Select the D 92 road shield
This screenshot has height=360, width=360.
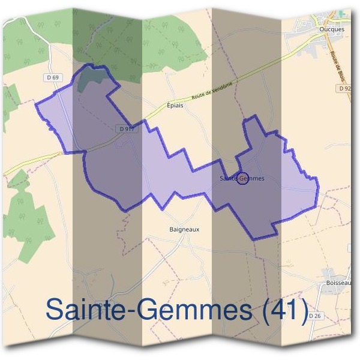(x=344, y=88)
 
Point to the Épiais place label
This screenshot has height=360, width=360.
(x=175, y=104)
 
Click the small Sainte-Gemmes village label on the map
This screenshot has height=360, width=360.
(x=242, y=178)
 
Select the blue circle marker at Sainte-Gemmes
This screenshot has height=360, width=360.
(x=242, y=178)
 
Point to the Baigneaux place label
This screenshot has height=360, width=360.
(x=184, y=229)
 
